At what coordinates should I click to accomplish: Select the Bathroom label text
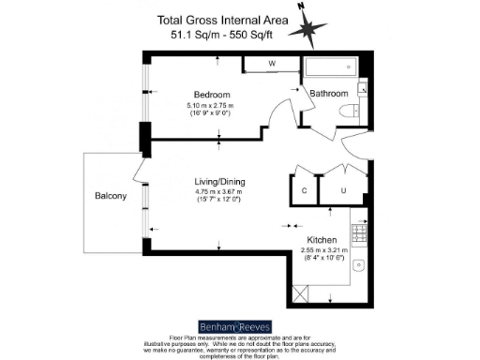tap(329, 94)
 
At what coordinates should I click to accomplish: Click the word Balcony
tap(112, 196)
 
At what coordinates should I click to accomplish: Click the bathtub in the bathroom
tap(330, 67)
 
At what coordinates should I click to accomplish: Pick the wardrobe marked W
tap(271, 64)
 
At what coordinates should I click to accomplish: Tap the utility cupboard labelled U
tap(343, 190)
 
